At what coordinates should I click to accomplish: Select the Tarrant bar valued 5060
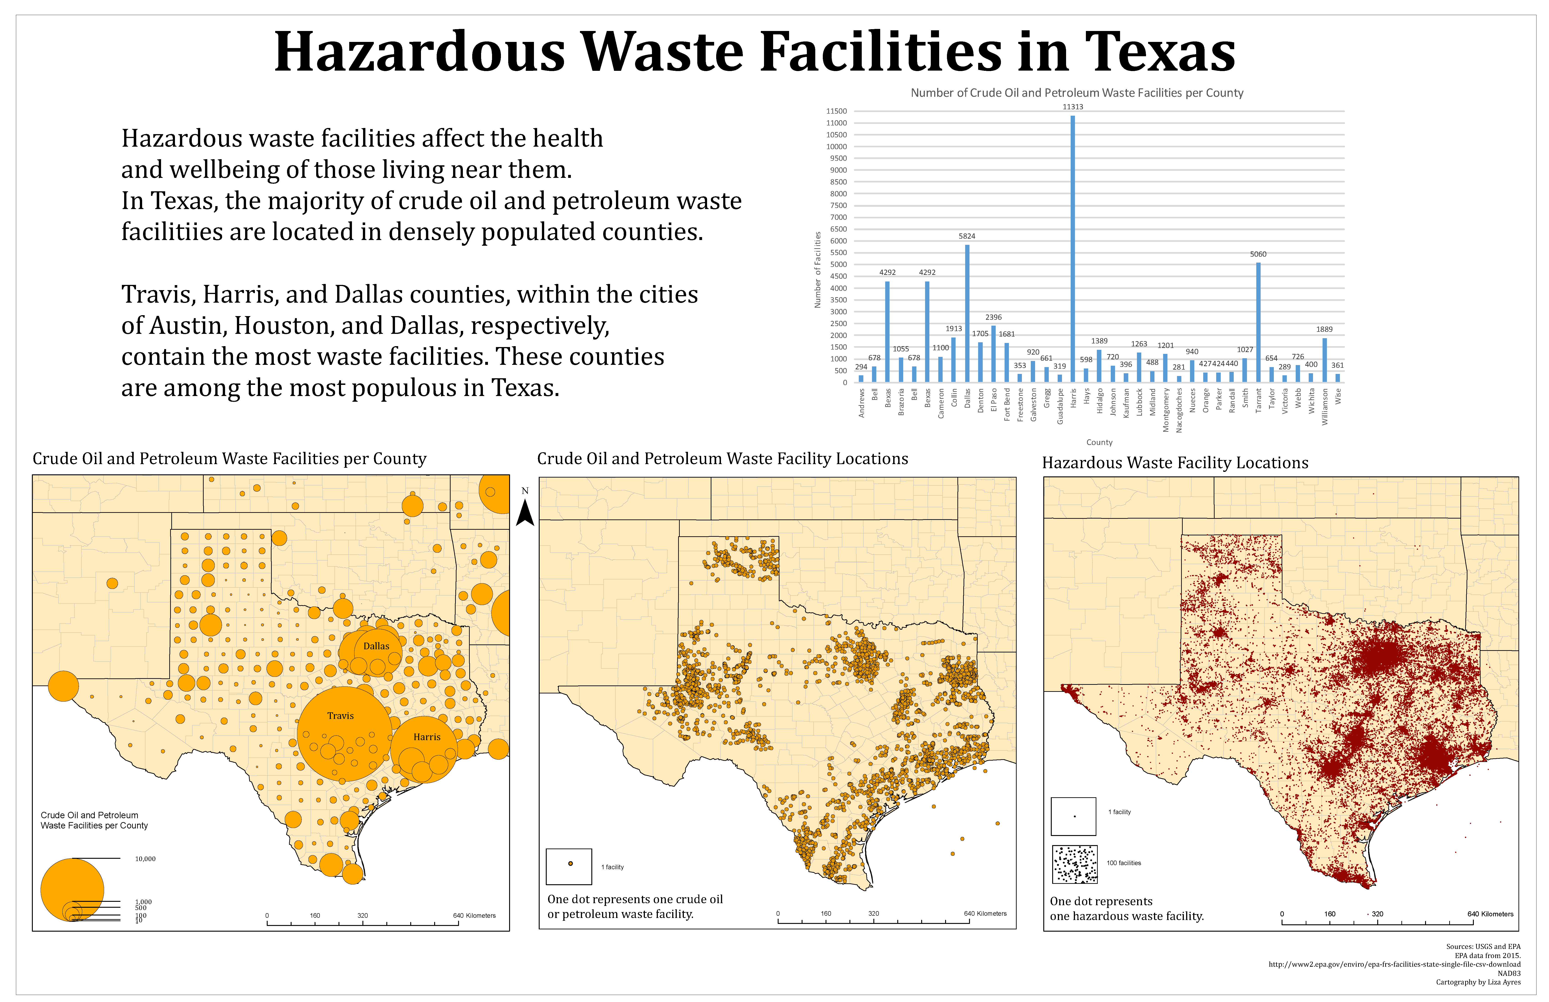1258,322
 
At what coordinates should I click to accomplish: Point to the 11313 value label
1073,107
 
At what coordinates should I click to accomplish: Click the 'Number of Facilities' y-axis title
818,270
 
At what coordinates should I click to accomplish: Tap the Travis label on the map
340,716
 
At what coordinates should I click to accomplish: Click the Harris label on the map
427,737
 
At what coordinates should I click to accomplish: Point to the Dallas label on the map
376,646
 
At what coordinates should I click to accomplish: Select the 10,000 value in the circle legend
145,859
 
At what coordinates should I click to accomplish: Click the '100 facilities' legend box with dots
1075,864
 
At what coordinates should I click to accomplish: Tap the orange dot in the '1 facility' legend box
570,863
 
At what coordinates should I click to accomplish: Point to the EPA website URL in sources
1394,964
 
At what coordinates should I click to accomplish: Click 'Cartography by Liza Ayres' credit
1478,982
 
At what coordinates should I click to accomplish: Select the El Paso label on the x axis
994,400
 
